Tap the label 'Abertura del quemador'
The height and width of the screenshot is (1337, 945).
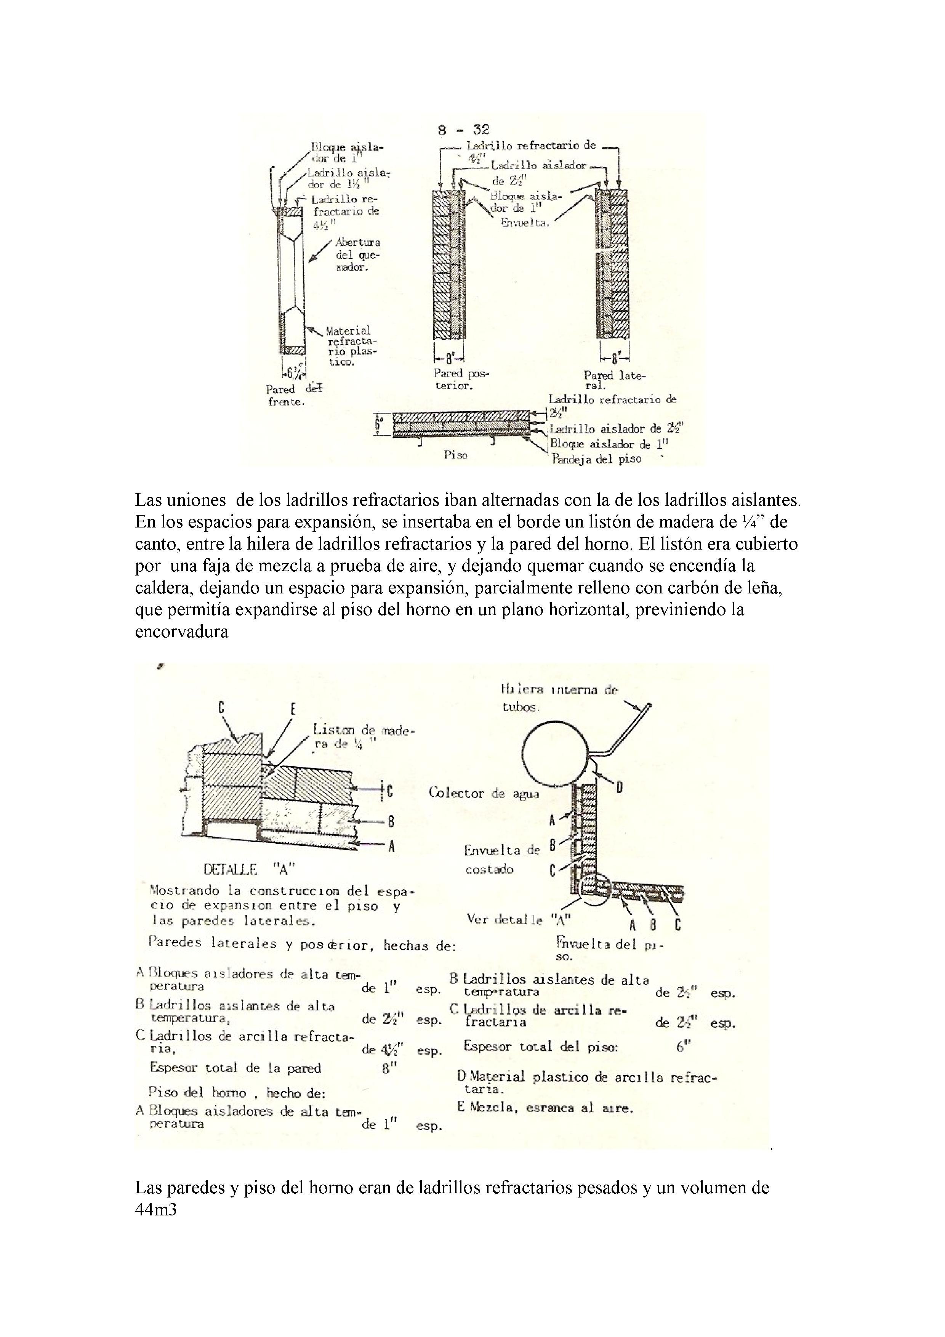pyautogui.click(x=357, y=255)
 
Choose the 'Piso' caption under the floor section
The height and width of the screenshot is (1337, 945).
pyautogui.click(x=455, y=455)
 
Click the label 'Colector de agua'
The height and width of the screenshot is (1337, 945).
pyautogui.click(x=484, y=793)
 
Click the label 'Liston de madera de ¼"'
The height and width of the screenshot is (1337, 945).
pyautogui.click(x=363, y=737)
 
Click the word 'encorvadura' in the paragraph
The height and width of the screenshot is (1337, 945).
pyautogui.click(x=182, y=632)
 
